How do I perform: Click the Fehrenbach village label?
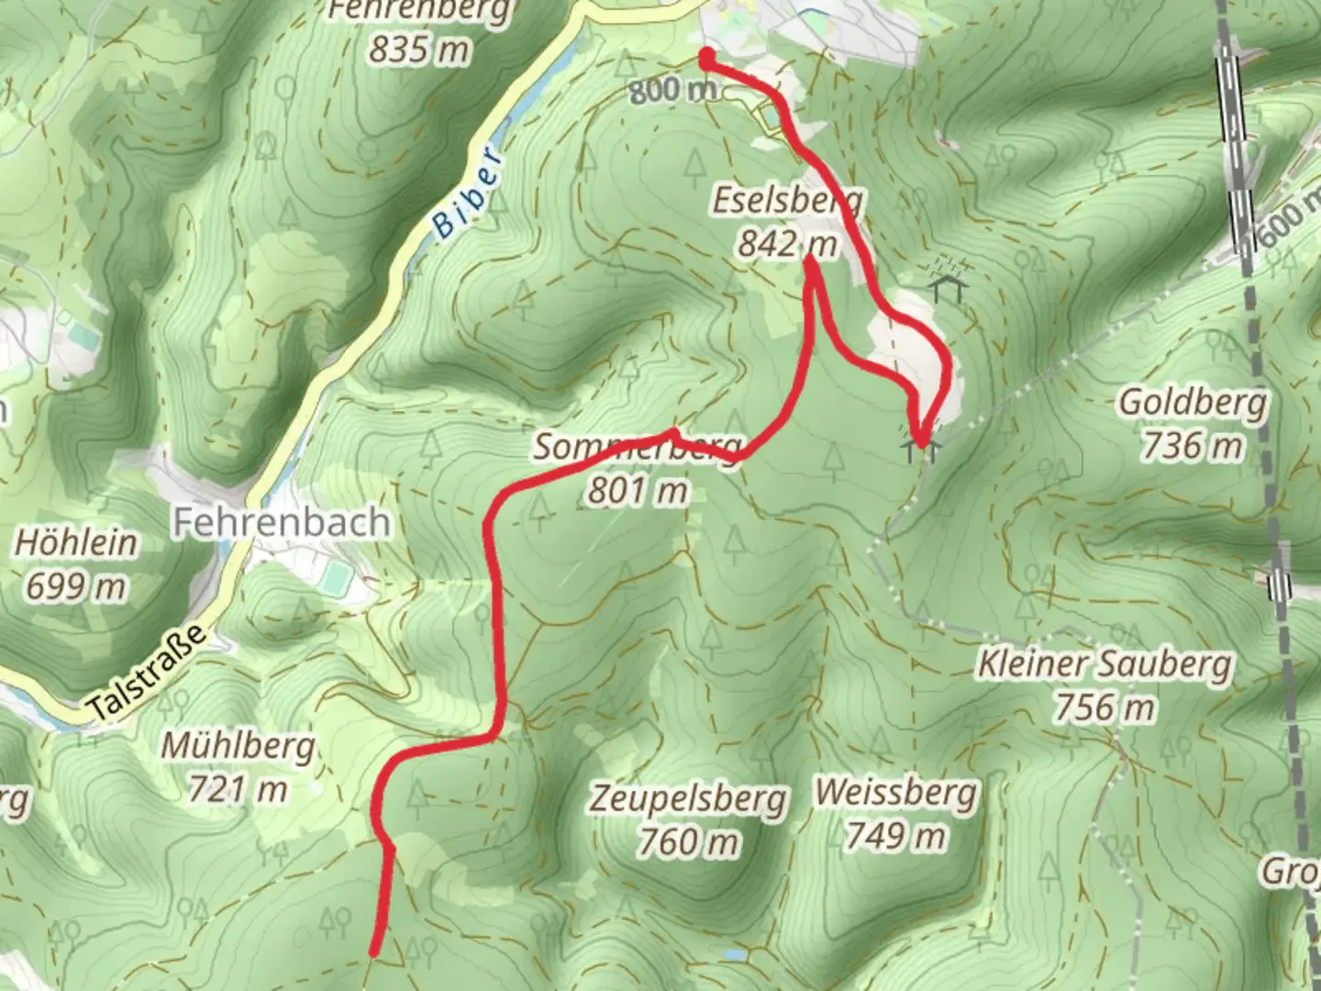click(x=282, y=522)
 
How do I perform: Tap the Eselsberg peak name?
click(x=787, y=201)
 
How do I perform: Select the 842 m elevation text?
click(x=787, y=244)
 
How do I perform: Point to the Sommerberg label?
click(x=637, y=448)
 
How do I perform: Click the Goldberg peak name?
click(x=1193, y=402)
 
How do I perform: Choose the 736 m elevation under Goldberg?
click(x=1193, y=446)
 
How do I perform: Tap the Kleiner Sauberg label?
click(x=1105, y=663)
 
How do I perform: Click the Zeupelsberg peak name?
click(x=688, y=797)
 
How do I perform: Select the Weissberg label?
click(x=895, y=791)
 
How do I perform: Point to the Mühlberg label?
click(x=239, y=746)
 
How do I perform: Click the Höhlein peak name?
click(x=76, y=542)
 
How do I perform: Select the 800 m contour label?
click(x=672, y=90)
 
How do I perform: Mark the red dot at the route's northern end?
click(x=707, y=58)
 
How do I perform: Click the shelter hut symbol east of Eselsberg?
click(x=948, y=288)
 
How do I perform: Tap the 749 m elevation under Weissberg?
click(x=895, y=835)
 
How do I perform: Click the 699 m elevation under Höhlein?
click(x=76, y=586)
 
